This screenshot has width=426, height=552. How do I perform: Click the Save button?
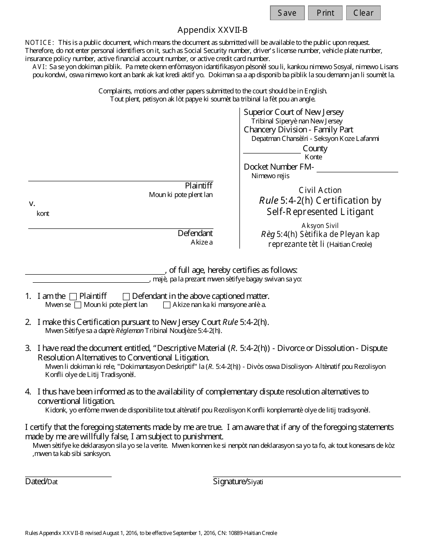coord(287,13)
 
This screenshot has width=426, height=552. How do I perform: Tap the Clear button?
coord(363,13)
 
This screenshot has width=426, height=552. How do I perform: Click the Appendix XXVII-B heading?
coord(212,30)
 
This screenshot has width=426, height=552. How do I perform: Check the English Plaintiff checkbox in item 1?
coord(74,297)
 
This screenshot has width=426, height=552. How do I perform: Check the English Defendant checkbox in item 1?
coord(126,297)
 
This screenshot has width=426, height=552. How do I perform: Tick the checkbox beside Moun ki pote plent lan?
coord(78,305)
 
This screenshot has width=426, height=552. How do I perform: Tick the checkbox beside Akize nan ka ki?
coord(167,305)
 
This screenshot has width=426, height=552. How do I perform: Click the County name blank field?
coord(272,149)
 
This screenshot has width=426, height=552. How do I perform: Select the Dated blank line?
coord(68,473)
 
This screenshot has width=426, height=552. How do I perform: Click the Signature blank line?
coord(307,473)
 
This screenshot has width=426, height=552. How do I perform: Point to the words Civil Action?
coord(320,190)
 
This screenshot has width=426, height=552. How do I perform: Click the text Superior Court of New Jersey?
coord(294,112)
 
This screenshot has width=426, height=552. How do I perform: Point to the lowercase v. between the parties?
coord(32,203)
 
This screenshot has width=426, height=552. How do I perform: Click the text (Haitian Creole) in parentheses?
coord(349,245)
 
